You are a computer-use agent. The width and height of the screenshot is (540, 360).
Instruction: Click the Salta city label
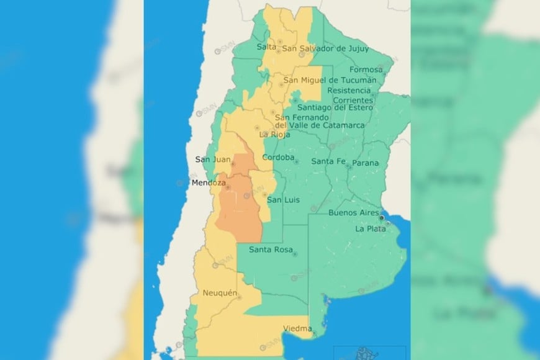coord(266,47)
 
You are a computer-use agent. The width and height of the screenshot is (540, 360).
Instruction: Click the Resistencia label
coord(352,90)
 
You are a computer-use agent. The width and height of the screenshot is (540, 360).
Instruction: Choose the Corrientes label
coord(353,100)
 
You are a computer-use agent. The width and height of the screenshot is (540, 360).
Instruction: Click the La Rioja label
coord(274,134)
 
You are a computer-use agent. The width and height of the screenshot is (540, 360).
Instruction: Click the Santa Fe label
coord(328,161)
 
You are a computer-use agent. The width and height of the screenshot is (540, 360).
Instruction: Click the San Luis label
coord(283,200)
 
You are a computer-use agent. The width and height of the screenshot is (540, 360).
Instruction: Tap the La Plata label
coord(367,228)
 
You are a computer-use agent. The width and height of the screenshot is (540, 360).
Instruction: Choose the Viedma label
coord(297,328)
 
